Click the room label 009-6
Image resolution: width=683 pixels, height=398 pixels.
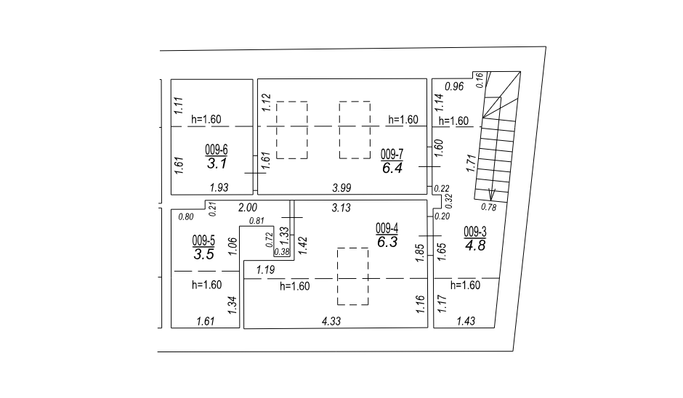point(217,150)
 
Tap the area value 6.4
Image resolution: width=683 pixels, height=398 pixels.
point(392,168)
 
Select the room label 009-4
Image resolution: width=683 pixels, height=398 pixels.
point(387,228)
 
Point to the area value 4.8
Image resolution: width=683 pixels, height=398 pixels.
point(475,245)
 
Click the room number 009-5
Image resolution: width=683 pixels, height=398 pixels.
point(203,240)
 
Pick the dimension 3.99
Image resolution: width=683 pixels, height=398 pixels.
point(341,187)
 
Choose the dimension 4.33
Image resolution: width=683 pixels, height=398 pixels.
point(331,321)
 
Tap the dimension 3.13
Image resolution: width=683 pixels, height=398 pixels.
point(341,208)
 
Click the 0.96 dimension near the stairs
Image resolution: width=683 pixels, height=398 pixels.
point(454,86)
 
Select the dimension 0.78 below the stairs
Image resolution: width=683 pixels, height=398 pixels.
point(489,207)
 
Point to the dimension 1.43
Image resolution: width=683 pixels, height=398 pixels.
point(466,321)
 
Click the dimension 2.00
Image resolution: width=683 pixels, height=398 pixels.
point(248,208)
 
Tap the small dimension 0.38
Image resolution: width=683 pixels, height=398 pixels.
point(282,252)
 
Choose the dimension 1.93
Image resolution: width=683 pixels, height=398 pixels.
point(219,187)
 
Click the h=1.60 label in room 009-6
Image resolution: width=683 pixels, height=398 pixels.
point(206,119)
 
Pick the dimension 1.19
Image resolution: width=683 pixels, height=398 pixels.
point(265,270)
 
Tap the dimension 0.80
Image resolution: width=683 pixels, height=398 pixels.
point(186,216)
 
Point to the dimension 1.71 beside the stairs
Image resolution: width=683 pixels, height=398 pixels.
point(470,163)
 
